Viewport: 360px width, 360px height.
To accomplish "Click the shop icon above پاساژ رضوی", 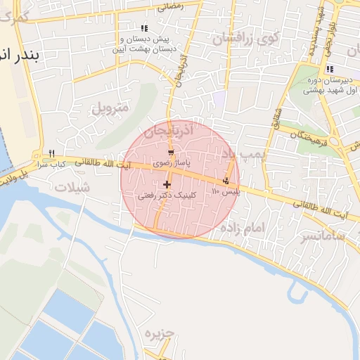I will coord(171,153).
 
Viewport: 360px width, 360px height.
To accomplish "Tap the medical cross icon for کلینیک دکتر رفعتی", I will coord(167,185).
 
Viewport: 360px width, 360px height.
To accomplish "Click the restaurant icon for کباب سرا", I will coord(52,154).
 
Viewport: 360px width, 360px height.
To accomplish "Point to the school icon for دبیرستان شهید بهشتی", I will coord(329,69).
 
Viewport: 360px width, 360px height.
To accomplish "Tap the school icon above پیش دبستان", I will coord(144,29).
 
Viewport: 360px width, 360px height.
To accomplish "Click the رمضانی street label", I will coord(170,7).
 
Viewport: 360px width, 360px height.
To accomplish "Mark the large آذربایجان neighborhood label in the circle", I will coord(168,131).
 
